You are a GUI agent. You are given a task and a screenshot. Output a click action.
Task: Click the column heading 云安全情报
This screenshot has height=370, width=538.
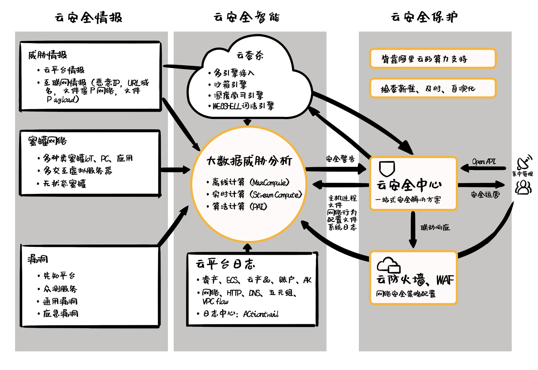[88, 18]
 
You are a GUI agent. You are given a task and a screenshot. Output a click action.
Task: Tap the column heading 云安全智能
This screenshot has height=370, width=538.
[247, 17]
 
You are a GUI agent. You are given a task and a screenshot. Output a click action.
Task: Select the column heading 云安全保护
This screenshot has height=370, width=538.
[424, 17]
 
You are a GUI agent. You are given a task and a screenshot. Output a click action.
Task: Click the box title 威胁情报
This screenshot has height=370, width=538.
[48, 55]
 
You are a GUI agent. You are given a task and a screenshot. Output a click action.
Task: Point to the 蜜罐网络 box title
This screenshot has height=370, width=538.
[48, 141]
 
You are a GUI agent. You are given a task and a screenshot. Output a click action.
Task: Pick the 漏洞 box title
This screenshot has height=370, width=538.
[38, 259]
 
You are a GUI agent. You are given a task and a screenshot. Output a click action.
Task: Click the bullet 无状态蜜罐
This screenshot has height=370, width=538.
[65, 183]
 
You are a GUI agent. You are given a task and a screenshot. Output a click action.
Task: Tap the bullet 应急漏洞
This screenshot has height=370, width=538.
[61, 313]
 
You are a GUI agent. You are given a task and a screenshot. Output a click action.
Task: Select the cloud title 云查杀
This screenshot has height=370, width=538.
[250, 55]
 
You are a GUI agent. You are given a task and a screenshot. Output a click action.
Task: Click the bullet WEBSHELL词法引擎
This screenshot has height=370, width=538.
[243, 106]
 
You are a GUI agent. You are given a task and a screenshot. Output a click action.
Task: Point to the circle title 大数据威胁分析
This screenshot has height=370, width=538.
[249, 161]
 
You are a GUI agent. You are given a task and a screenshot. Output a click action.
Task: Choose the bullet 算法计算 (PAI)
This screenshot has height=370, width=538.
[240, 206]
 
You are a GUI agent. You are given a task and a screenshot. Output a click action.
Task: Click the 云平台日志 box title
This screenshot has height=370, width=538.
[225, 264]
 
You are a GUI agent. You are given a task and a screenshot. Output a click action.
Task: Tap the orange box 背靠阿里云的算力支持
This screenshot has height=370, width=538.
[433, 58]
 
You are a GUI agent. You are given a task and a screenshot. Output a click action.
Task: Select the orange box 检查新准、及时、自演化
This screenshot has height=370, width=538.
[433, 88]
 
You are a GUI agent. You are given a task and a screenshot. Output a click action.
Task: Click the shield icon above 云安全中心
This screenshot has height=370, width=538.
[387, 169]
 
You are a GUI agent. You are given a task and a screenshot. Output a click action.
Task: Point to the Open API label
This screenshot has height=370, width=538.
[484, 161]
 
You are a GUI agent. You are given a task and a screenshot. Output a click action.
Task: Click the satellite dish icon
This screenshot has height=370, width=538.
[524, 162]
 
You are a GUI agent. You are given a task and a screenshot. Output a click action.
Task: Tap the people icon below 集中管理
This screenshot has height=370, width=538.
[523, 187]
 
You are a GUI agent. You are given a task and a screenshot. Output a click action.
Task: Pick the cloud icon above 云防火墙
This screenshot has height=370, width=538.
[388, 265]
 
